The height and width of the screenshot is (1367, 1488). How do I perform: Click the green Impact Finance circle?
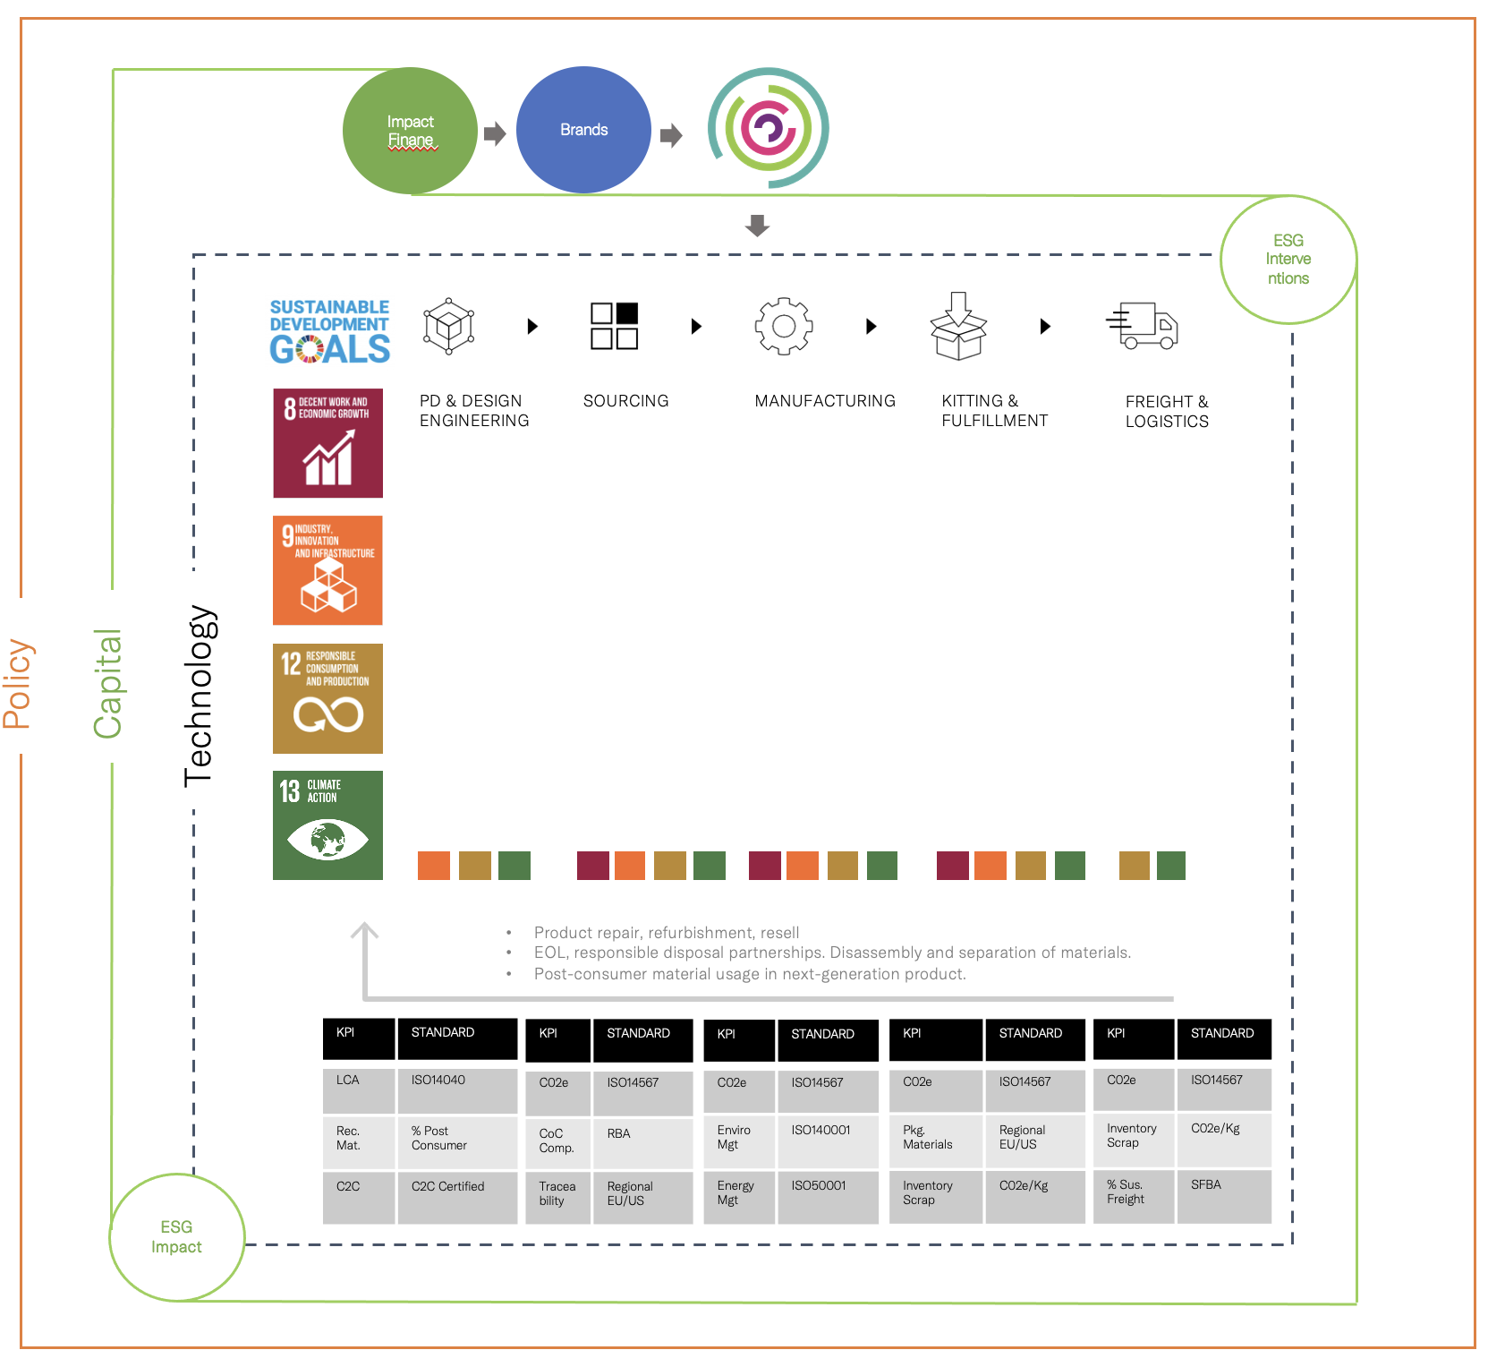click(410, 131)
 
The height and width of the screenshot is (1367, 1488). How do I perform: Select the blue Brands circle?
click(583, 130)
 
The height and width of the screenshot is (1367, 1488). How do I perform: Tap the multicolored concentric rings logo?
click(768, 128)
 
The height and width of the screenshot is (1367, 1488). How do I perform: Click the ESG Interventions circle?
click(1288, 260)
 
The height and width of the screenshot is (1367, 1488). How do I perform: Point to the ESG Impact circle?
click(176, 1237)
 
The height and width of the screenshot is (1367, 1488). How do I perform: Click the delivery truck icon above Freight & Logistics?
click(1143, 325)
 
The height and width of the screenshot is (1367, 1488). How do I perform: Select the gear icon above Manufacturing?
click(784, 326)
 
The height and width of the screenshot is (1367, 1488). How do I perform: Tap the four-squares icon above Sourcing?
click(614, 326)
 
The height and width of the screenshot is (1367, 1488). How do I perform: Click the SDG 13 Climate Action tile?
click(327, 825)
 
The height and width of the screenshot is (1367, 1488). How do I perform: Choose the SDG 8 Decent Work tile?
click(327, 443)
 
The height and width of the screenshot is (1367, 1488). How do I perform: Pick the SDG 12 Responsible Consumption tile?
click(327, 698)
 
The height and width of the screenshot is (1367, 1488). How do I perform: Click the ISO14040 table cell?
click(457, 1089)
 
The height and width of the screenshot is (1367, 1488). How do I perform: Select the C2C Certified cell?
click(457, 1196)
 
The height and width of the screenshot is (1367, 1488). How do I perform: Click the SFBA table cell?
click(1223, 1195)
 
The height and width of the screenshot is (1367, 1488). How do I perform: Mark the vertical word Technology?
click(199, 696)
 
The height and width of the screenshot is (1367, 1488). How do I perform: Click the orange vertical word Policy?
click(18, 684)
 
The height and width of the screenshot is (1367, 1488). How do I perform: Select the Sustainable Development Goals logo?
click(329, 332)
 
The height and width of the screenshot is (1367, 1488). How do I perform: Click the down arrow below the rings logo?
click(757, 226)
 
